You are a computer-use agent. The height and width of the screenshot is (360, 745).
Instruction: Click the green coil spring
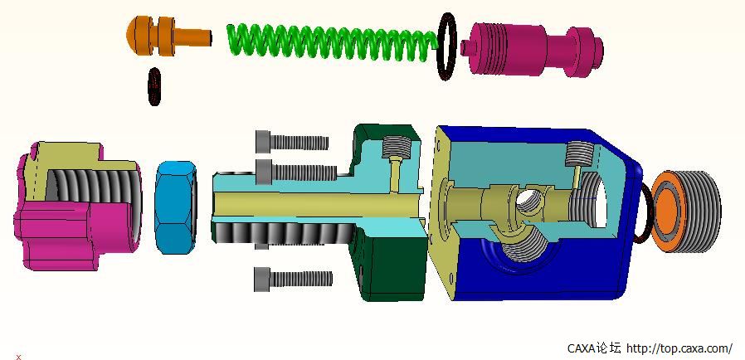coord(333,41)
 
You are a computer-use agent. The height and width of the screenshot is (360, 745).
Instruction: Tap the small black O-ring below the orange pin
coord(154,86)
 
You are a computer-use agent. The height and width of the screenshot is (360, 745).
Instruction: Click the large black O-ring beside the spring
coord(446,46)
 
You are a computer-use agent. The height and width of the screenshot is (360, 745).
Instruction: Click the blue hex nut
coord(176,207)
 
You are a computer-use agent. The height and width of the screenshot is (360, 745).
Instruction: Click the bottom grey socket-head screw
coord(293,279)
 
